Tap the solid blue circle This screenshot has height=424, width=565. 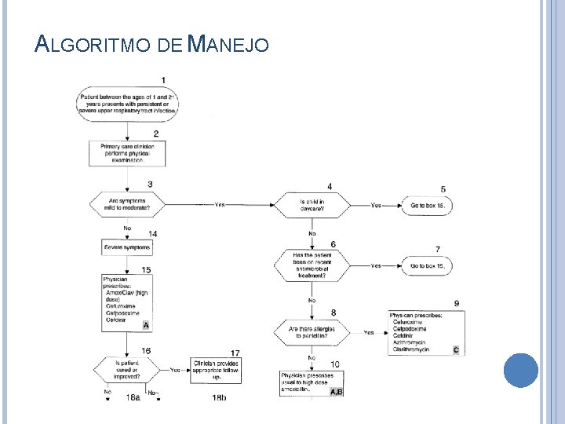coord(520,371)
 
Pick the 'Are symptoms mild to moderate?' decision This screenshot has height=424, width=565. coord(128,205)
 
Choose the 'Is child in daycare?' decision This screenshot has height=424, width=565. coord(312,205)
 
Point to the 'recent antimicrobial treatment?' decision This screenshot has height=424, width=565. coord(312,265)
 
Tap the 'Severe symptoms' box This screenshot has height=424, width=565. coord(127,247)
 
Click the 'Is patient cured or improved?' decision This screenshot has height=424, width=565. coord(128,369)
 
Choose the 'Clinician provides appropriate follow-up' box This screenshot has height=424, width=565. coord(214,369)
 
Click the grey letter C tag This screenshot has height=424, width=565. coord(456,349)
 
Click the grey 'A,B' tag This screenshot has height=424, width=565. coord(336,391)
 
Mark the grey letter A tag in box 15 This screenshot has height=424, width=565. coord(146,324)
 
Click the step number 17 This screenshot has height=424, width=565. coord(235,352)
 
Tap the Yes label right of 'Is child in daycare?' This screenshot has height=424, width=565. coord(376,205)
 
